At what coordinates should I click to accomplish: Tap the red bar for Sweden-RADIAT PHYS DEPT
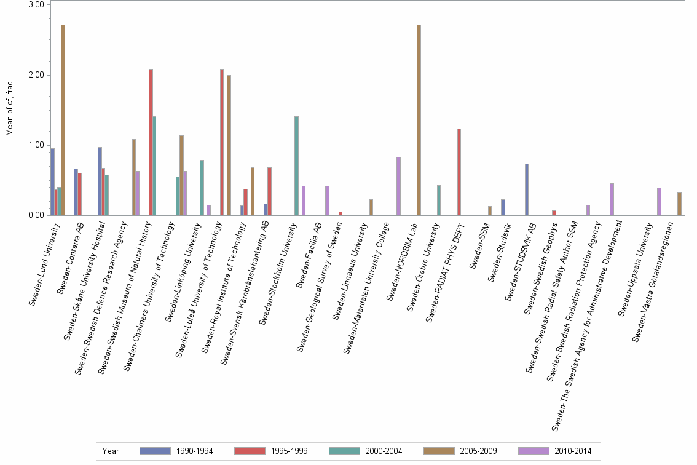click(x=459, y=172)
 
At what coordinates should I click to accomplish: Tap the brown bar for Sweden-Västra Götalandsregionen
click(x=679, y=204)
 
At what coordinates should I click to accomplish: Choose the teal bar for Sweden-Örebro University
click(x=438, y=200)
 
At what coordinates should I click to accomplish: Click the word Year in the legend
click(x=111, y=451)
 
